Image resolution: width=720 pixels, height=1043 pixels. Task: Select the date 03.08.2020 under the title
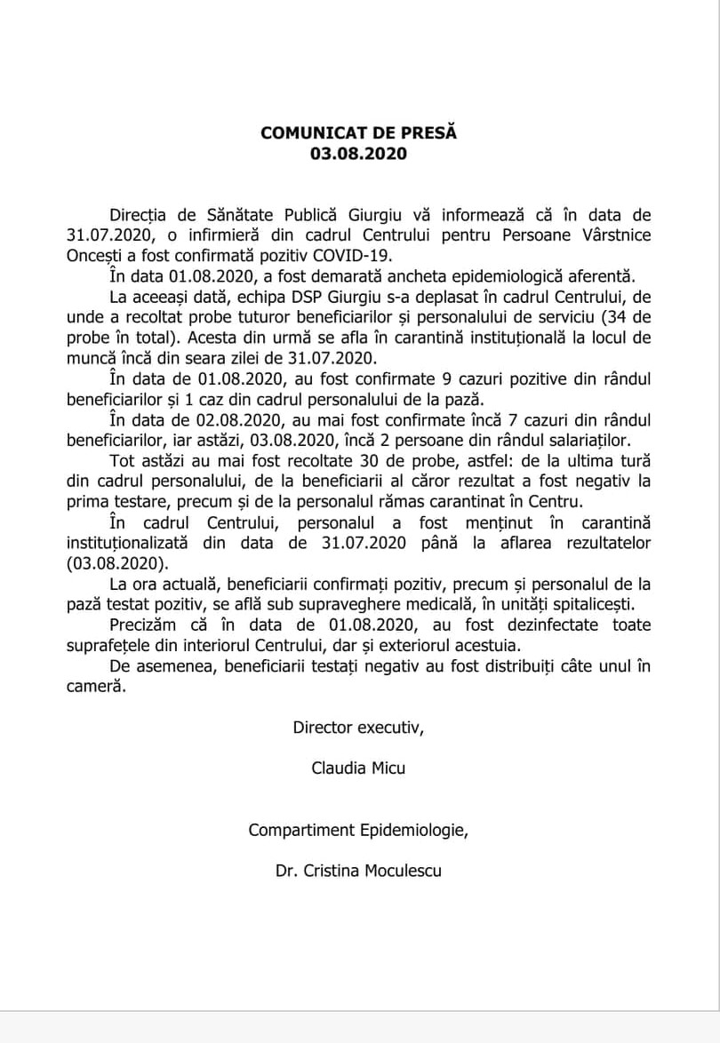[x=358, y=153]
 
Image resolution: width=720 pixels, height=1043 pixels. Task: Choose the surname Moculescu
[x=401, y=871]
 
